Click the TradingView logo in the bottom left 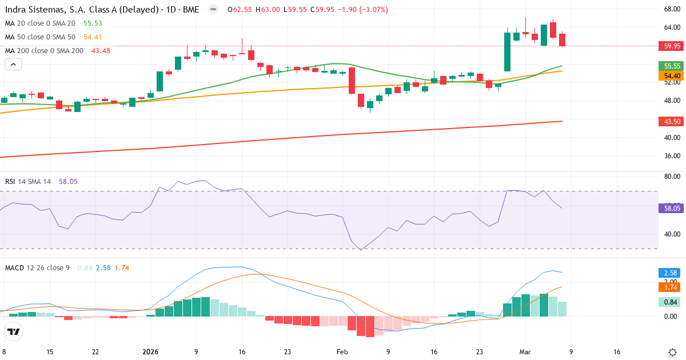[14, 331]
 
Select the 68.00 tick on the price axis [672, 9]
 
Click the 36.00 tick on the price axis [672, 155]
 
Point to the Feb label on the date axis [342, 352]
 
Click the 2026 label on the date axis [150, 352]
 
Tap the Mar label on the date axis [525, 352]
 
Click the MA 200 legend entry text [44, 51]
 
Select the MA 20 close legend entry [40, 23]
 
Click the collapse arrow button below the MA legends [13, 65]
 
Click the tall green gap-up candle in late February [507, 51]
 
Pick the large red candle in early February [352, 81]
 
